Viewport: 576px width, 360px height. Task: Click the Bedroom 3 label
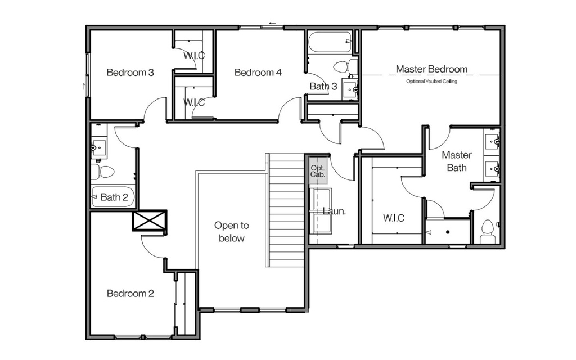click(130, 73)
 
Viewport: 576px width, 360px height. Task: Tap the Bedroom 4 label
click(258, 73)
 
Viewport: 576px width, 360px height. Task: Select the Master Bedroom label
click(431, 69)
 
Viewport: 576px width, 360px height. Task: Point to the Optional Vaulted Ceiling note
click(431, 82)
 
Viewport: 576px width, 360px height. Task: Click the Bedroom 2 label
click(130, 294)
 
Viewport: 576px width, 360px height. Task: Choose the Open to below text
click(231, 232)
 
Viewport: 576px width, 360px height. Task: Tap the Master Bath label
click(457, 161)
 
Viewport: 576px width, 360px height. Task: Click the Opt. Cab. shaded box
click(318, 171)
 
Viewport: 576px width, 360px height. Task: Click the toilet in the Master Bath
click(488, 231)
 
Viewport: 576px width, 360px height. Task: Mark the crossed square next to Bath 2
click(150, 220)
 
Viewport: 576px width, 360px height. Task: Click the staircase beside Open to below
click(285, 210)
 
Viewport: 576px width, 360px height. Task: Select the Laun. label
click(334, 211)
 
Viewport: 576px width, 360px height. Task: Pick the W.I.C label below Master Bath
click(394, 218)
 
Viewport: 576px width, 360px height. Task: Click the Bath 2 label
click(114, 197)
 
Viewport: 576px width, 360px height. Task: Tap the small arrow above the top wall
click(272, 24)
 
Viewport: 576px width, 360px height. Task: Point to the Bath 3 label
click(323, 86)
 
